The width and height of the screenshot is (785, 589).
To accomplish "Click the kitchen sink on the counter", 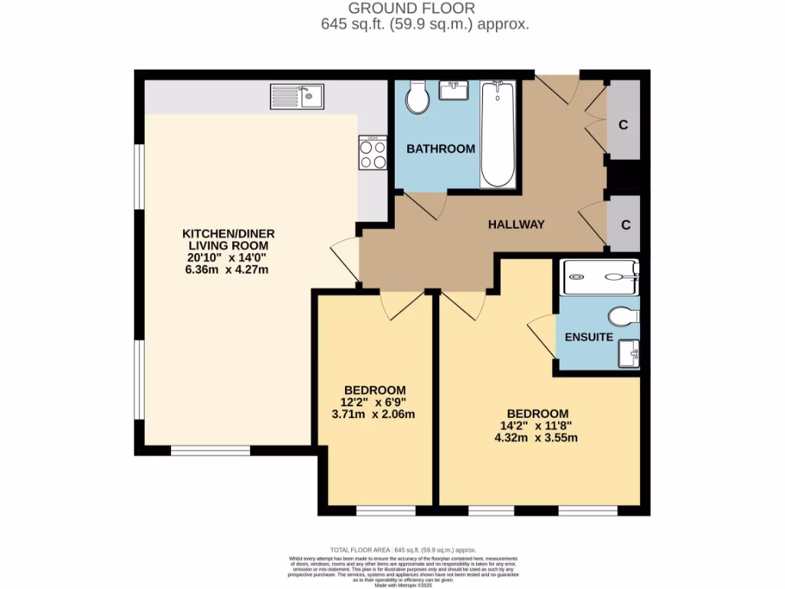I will tap(297, 97).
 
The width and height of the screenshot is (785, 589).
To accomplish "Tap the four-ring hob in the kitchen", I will tap(373, 153).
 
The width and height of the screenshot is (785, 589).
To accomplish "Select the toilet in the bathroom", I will tap(418, 97).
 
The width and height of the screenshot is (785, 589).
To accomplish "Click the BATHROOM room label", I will tap(441, 149).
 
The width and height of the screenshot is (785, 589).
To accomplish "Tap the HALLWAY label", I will tap(517, 225).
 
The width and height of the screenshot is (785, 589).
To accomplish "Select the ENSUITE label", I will tap(589, 337).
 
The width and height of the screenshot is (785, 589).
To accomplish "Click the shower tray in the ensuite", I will tap(600, 277).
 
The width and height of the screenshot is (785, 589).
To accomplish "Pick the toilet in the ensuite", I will tap(625, 316).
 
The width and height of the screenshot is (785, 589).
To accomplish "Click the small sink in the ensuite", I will tap(629, 354).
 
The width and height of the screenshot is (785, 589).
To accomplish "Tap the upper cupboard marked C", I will tap(624, 125).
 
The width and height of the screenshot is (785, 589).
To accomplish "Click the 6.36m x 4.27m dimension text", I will tap(228, 270).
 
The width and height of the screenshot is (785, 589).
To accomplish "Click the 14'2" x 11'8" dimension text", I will tap(537, 426).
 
